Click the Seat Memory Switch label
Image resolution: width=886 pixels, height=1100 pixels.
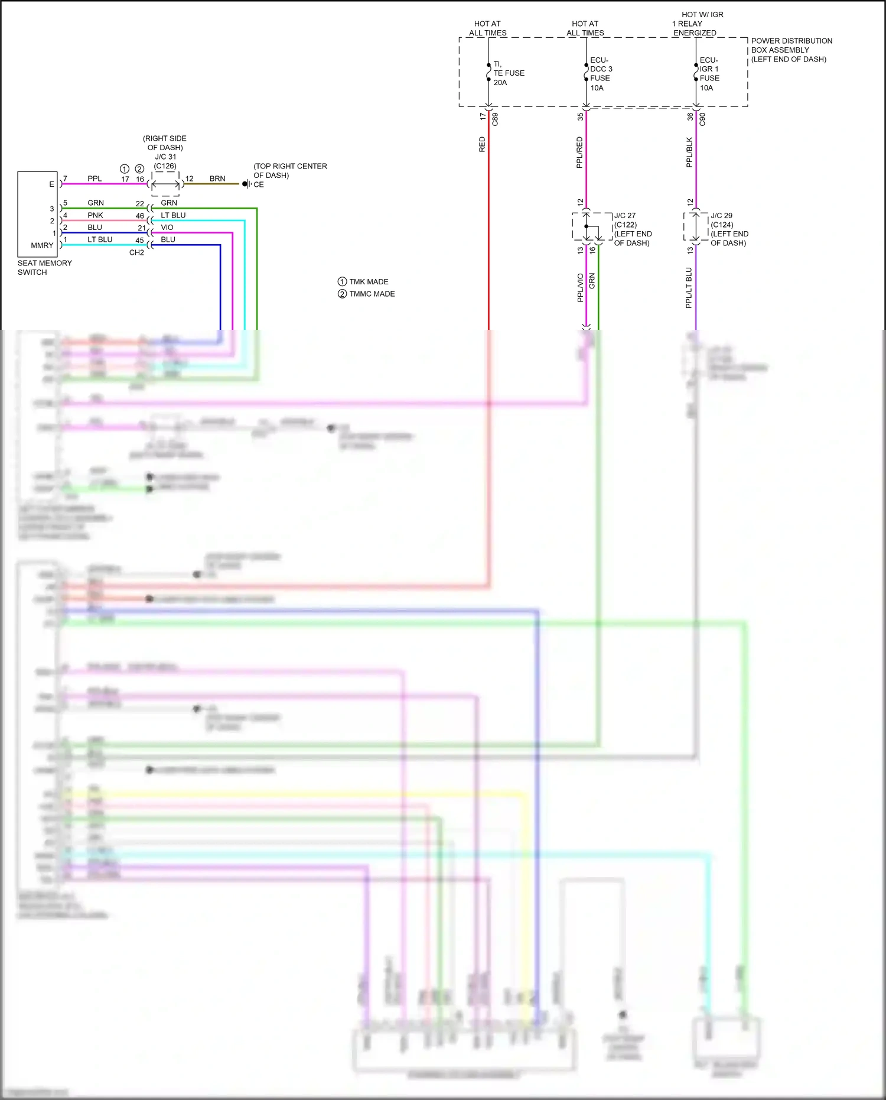pyautogui.click(x=44, y=268)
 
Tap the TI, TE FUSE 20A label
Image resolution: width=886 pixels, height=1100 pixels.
pyautogui.click(x=508, y=73)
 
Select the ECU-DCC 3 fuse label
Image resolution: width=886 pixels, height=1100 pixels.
pyautogui.click(x=601, y=74)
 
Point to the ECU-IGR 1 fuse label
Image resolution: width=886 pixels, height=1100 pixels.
pyautogui.click(x=709, y=74)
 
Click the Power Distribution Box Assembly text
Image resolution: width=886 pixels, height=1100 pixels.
pyautogui.click(x=791, y=50)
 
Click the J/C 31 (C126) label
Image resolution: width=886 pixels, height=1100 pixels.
pyautogui.click(x=165, y=161)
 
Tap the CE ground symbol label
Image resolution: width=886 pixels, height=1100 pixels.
pyautogui.click(x=258, y=184)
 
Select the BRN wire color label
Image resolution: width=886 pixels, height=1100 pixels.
pyautogui.click(x=217, y=179)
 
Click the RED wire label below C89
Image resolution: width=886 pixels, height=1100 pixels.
pyautogui.click(x=482, y=145)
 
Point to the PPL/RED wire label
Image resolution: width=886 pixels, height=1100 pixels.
pyautogui.click(x=579, y=152)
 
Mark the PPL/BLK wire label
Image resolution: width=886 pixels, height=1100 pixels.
pyautogui.click(x=689, y=152)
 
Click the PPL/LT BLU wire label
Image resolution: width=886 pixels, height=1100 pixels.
pyautogui.click(x=689, y=288)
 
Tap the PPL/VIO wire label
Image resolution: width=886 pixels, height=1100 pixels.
pyautogui.click(x=580, y=288)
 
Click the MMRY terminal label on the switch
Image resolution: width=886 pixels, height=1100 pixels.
pyautogui.click(x=42, y=245)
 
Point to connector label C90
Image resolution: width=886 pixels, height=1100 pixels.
pyautogui.click(x=702, y=119)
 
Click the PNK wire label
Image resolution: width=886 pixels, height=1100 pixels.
pyautogui.click(x=95, y=215)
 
